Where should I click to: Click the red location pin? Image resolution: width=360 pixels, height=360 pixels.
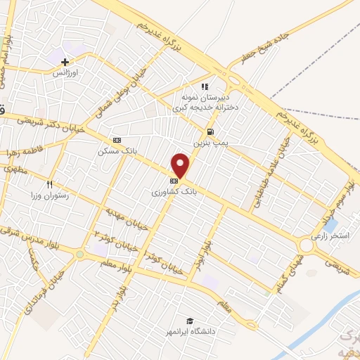pos(181,165)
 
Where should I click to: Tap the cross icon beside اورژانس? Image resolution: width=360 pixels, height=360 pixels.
pos(65,62)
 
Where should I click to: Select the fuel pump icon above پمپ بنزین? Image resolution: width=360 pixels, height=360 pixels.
pos(210,131)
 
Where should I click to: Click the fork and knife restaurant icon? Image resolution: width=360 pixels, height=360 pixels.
pos(49,184)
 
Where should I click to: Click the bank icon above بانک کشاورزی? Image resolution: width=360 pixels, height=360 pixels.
pos(173,180)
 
